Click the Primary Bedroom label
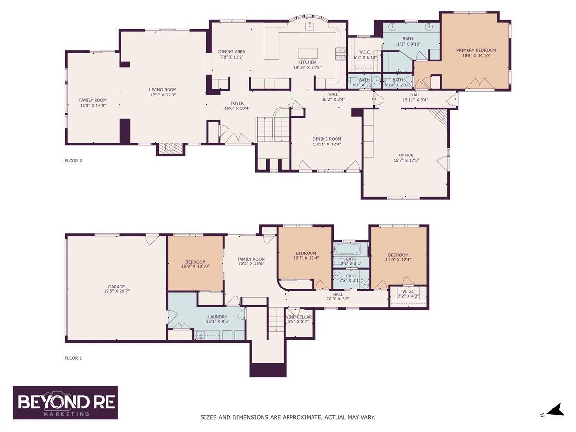click(476, 50)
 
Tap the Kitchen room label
click(307, 62)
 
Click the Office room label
click(406, 155)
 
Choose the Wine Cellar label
click(299, 317)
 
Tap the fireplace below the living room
click(171, 149)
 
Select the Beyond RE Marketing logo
click(65, 402)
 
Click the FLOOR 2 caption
click(73, 161)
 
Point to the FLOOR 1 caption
click(73, 358)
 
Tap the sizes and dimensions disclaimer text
click(288, 417)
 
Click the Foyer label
click(237, 103)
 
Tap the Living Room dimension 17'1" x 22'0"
click(162, 95)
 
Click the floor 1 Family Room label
click(251, 259)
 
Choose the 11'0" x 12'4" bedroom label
click(398, 255)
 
